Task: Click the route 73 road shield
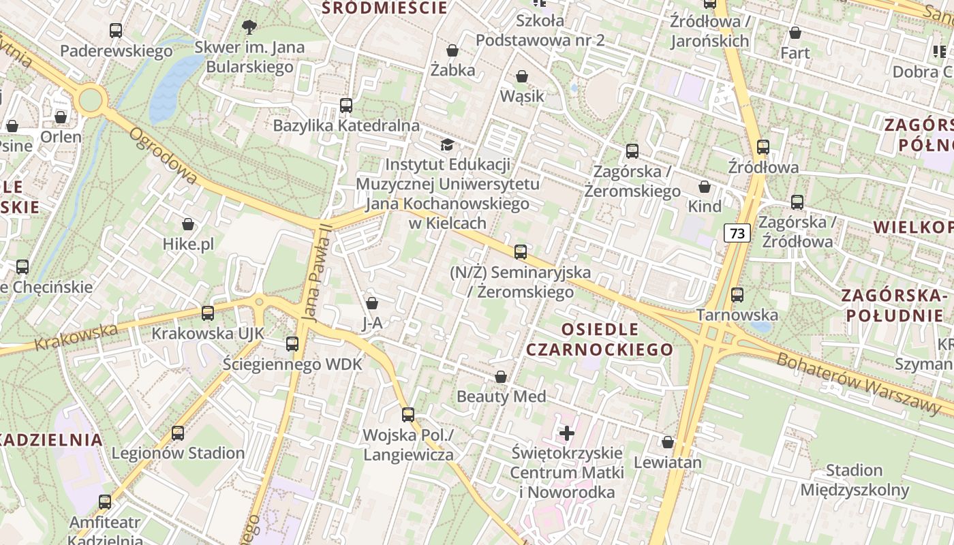coord(737,234)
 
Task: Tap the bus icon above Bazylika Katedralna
coord(346,106)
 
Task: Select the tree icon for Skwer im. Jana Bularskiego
coord(249,27)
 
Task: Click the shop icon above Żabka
coord(452,50)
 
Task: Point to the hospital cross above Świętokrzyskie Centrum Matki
coord(567,433)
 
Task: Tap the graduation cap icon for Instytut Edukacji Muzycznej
coord(447,144)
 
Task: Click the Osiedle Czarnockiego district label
coord(599,339)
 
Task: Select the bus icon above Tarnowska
coord(737,295)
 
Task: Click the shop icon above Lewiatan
coord(668,442)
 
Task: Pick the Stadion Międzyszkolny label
coord(854,480)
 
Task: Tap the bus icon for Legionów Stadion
coord(178,433)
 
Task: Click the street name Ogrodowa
coord(164,156)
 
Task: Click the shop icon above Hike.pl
coord(188,224)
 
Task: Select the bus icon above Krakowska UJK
coord(208,313)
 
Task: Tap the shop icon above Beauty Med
coord(501,377)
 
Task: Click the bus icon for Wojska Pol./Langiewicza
coord(408,415)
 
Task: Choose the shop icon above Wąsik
coord(522,76)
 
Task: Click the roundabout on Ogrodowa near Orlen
coord(90,100)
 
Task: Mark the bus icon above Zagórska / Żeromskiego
coord(632,151)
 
